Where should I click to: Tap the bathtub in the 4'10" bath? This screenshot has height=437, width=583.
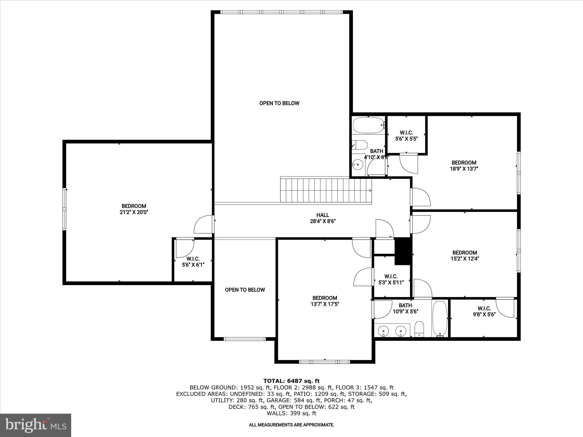point(368,125)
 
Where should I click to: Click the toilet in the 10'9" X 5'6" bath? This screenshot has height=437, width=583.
point(419,329)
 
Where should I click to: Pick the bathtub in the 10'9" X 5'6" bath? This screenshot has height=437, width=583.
point(440,319)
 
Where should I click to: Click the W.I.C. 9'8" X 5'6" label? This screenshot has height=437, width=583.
point(484,311)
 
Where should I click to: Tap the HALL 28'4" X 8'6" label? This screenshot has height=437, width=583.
point(323,218)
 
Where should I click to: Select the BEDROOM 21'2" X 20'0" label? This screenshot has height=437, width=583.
point(134,209)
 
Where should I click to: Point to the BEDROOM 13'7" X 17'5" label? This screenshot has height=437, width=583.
point(325,301)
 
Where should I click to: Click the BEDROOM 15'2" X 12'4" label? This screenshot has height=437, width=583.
point(465,255)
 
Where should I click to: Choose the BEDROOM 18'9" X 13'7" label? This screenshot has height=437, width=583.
point(464,165)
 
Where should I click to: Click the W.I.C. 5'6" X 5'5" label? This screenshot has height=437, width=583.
point(406,136)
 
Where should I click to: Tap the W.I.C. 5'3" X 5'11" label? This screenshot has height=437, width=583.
point(391,279)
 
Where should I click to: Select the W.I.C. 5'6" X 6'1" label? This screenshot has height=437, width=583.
point(193,262)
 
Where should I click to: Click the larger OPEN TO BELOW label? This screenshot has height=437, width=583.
point(279,103)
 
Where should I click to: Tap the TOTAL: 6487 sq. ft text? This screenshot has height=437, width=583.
point(291,381)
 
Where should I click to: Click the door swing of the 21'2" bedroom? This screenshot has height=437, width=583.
point(203,225)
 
